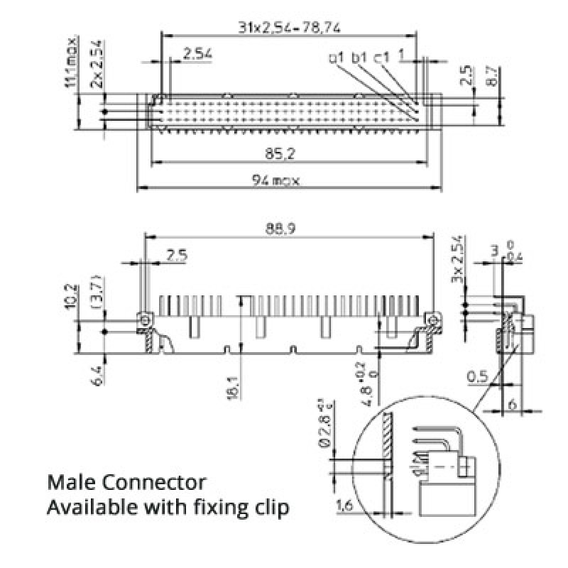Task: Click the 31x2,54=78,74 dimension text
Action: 288,28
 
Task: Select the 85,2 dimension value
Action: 288,153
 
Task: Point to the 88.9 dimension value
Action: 288,228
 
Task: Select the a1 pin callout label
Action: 337,57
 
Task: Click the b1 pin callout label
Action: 359,57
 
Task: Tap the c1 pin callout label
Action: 381,57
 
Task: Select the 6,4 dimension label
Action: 98,375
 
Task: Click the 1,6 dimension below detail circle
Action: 345,506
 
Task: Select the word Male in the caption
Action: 72,483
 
